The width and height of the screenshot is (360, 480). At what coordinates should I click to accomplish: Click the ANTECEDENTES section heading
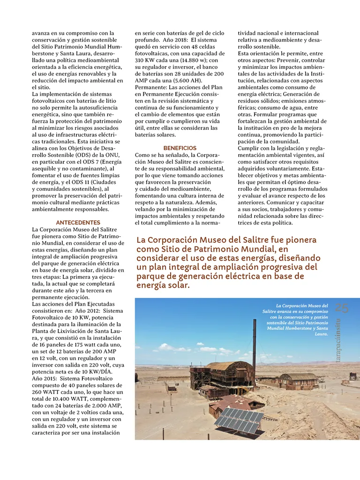click(78, 222)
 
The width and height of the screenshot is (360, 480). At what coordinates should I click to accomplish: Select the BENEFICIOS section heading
click(180, 148)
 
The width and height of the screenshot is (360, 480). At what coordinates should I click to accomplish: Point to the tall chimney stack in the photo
click(255, 347)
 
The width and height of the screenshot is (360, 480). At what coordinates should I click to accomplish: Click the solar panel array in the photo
click(239, 420)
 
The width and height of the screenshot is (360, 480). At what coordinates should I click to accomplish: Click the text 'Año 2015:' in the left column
click(45, 378)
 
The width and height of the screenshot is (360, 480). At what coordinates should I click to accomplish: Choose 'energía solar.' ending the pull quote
click(163, 285)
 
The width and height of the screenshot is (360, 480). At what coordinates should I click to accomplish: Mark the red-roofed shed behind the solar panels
click(230, 402)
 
